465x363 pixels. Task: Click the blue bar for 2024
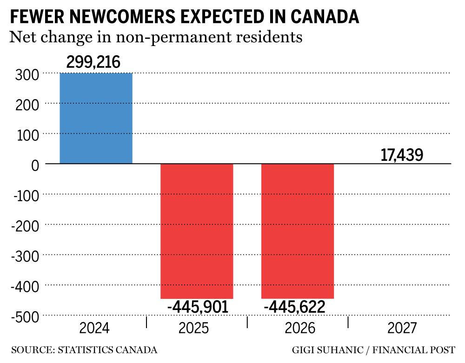click(x=96, y=119)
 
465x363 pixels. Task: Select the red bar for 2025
click(x=197, y=231)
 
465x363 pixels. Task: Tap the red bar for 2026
click(x=298, y=231)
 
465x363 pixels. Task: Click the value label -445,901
click(x=198, y=307)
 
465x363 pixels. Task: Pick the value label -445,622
click(x=294, y=307)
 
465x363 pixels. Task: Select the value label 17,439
click(x=402, y=155)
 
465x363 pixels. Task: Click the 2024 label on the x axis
click(x=94, y=329)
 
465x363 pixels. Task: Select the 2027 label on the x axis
click(x=402, y=329)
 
